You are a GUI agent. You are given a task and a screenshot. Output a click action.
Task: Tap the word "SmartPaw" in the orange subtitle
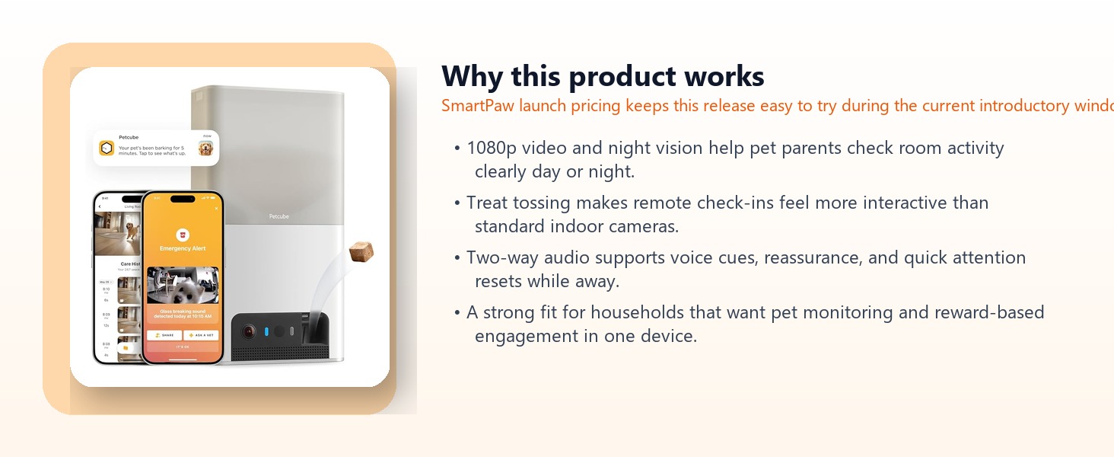tap(477, 106)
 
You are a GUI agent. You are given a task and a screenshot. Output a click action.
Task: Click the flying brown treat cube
tap(361, 252)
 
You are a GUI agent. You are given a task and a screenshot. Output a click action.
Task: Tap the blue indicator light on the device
tap(266, 331)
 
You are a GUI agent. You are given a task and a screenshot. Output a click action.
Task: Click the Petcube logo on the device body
tap(278, 216)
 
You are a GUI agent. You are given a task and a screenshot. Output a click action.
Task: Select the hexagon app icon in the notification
tap(107, 148)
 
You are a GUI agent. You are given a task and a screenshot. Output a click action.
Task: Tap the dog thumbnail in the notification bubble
tap(205, 148)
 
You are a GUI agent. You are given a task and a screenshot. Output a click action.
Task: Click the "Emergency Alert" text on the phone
tap(182, 248)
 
